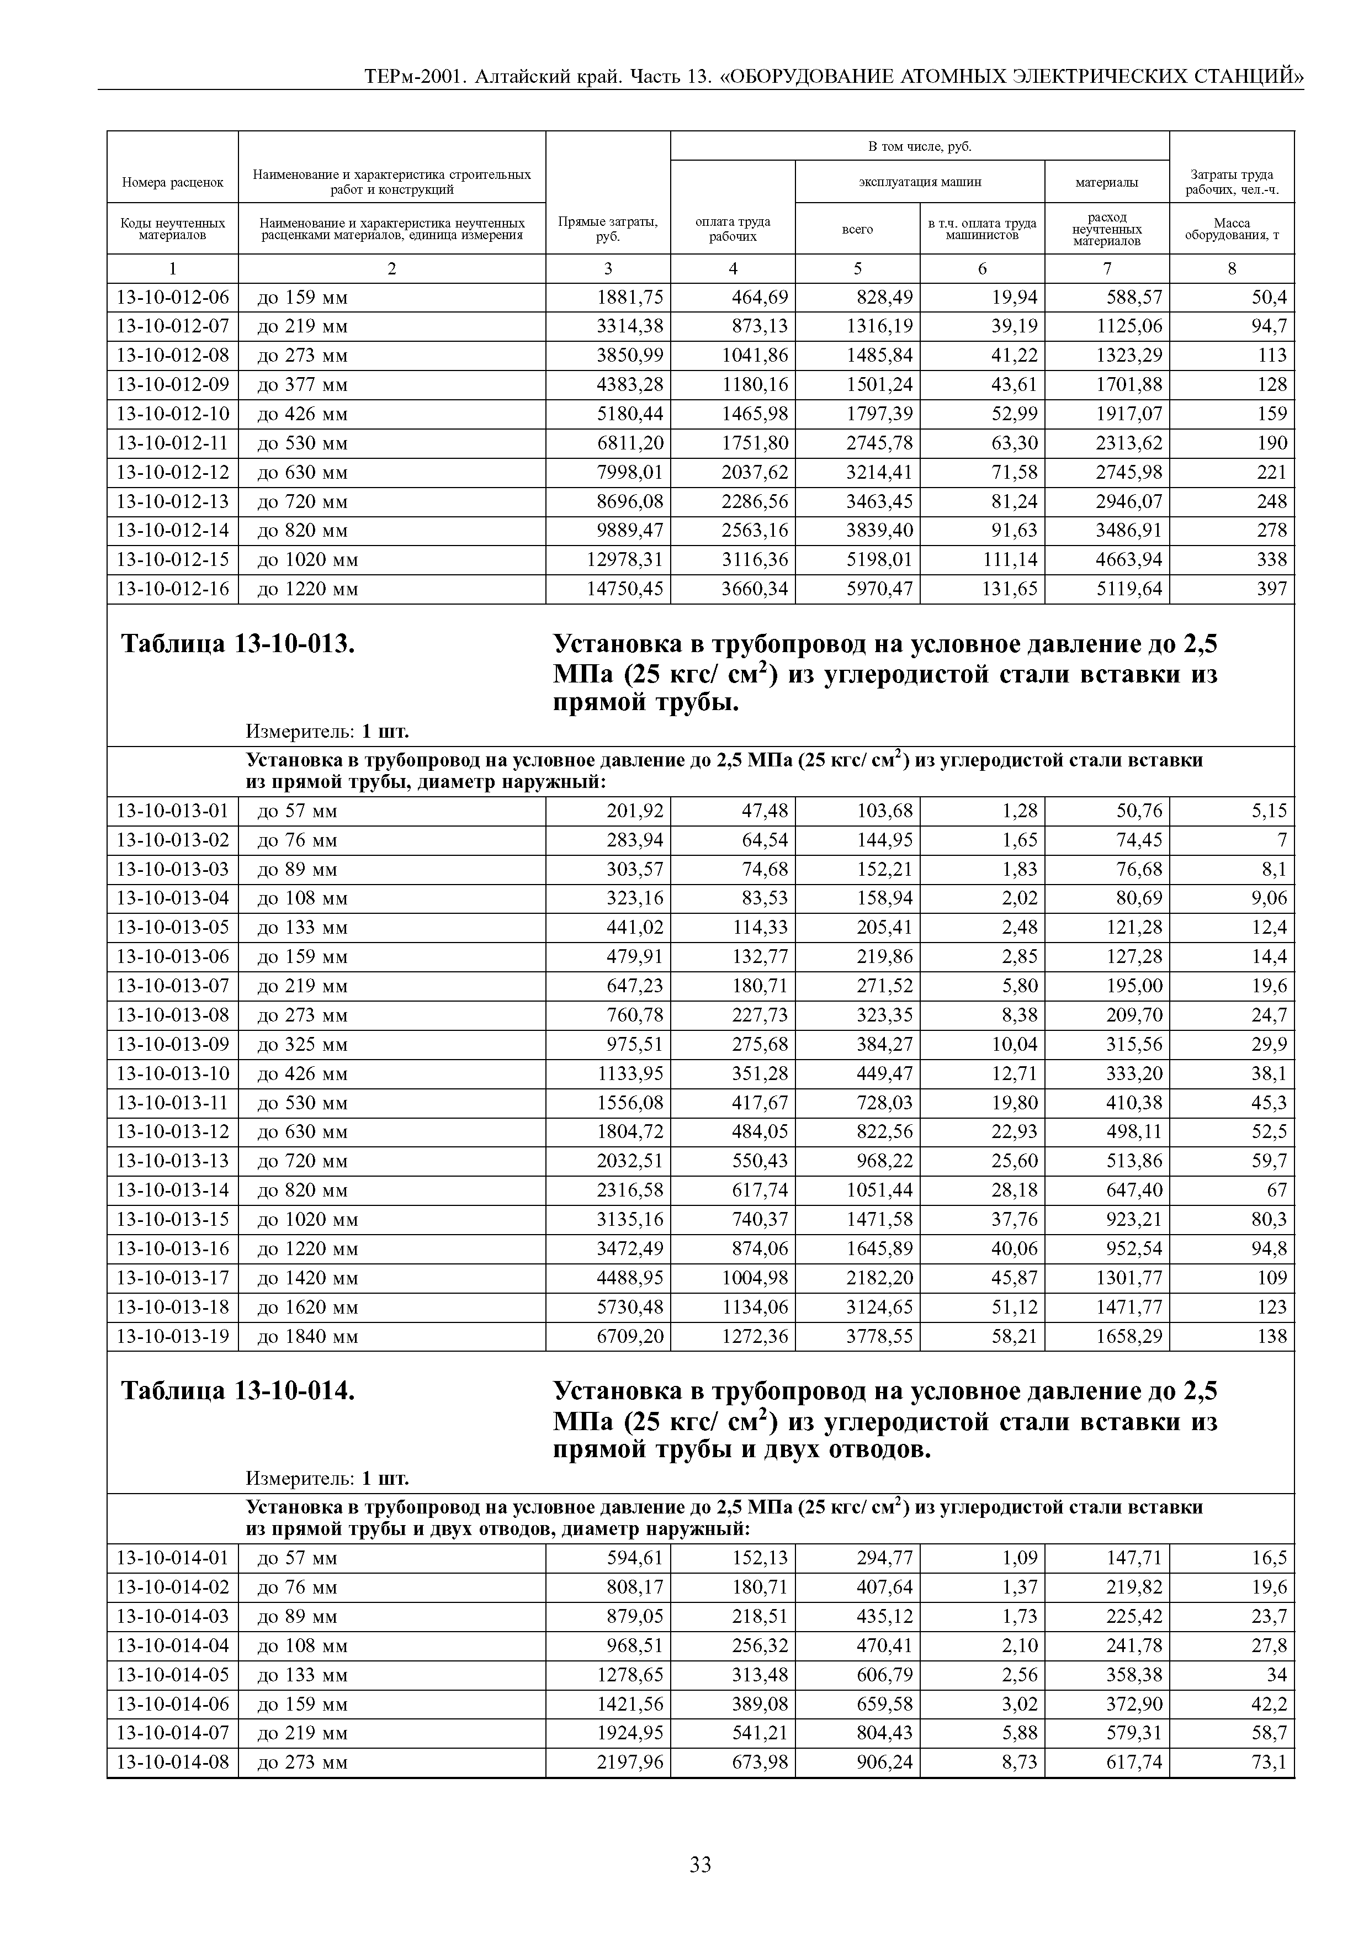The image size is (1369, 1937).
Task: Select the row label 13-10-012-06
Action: coord(173,298)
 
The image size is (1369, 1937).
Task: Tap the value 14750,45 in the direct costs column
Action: coord(625,589)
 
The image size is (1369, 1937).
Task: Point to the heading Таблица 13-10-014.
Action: coord(238,1391)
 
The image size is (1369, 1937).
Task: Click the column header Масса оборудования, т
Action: coord(1232,229)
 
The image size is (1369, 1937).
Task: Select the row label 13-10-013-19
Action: coord(173,1336)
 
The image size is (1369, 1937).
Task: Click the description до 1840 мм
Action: coord(308,1336)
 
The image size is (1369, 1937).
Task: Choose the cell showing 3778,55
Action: coord(880,1336)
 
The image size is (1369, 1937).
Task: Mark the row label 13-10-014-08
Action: coord(173,1763)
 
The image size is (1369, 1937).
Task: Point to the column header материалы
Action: coord(1107,181)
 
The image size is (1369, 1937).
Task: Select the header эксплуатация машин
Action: coord(920,181)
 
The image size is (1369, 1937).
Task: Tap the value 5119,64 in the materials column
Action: coord(1129,589)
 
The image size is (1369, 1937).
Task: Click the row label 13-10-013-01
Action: coord(173,812)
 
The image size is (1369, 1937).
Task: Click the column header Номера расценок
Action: coord(173,181)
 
